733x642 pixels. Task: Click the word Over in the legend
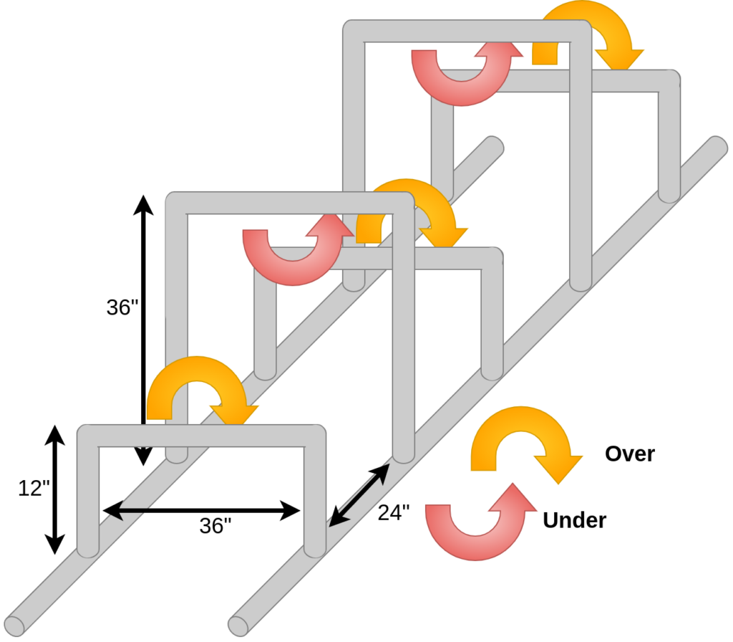click(629, 454)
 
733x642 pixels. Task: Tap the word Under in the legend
click(574, 520)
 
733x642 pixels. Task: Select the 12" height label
click(34, 488)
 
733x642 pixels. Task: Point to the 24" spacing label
click(394, 512)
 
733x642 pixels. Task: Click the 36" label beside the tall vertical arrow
click(122, 307)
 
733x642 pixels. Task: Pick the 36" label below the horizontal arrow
click(215, 526)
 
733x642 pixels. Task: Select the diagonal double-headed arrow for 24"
click(359, 495)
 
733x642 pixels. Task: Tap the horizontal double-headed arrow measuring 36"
click(201, 510)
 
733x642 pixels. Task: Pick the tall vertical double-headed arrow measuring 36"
click(143, 330)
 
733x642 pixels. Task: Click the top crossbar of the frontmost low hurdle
click(201, 436)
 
